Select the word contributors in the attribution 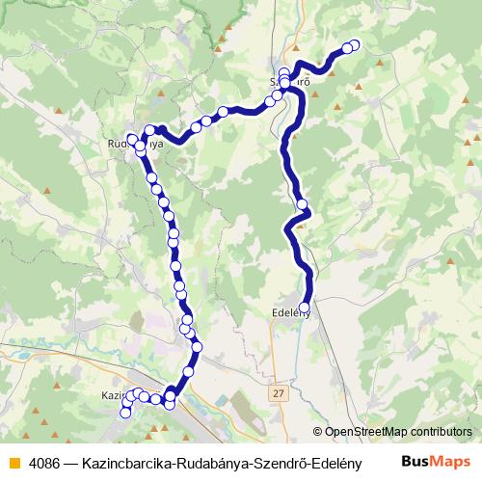tap(442, 432)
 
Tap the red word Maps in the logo tap(452, 462)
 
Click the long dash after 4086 tap(72, 463)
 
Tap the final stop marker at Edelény tap(305, 308)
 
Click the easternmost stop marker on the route tap(354, 44)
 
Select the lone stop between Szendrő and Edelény tap(303, 204)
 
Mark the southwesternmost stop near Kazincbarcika tap(124, 414)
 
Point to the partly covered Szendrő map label tap(289, 83)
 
